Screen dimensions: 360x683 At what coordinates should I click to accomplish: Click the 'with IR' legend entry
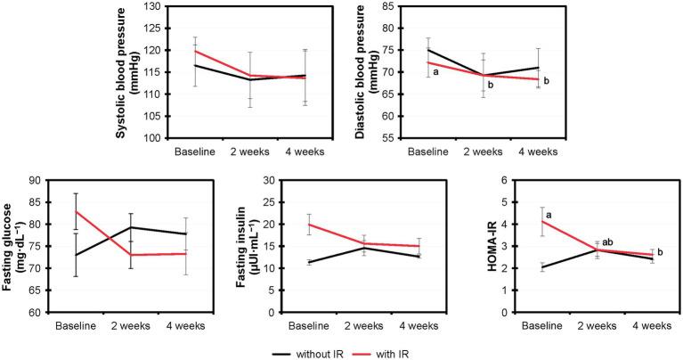pos(385,349)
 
